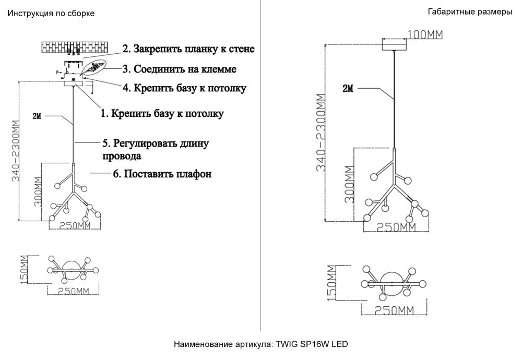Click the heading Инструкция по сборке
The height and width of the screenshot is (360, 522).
[x=51, y=14]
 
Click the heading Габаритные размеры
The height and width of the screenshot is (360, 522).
[x=469, y=12]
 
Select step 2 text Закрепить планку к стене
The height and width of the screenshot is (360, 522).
[x=188, y=50]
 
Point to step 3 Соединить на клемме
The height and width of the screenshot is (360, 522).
[x=180, y=69]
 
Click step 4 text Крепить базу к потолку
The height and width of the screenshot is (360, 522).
[x=184, y=88]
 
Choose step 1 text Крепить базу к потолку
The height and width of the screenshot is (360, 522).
[x=161, y=113]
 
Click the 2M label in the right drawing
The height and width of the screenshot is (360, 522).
[x=348, y=89]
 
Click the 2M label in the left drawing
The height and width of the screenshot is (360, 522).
[x=37, y=116]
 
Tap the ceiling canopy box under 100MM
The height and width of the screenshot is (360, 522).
[x=395, y=45]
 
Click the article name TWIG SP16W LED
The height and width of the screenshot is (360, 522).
[x=260, y=344]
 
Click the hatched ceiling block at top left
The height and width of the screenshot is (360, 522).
[x=76, y=46]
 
